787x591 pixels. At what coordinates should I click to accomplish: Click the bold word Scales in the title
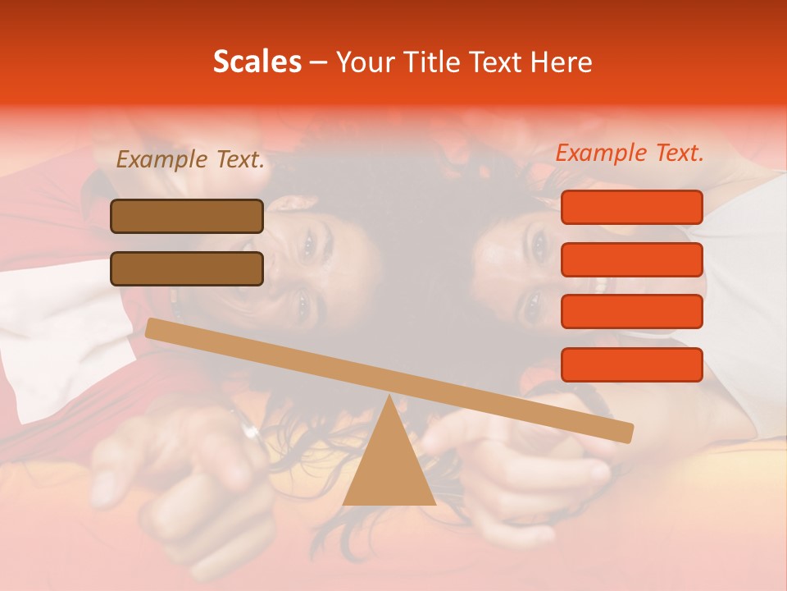(x=257, y=62)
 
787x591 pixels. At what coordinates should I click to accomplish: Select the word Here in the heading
(x=562, y=62)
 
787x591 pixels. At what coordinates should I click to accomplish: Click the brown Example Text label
(x=190, y=160)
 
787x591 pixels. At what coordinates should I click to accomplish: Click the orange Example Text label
(x=630, y=153)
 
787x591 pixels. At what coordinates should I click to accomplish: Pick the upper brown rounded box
(x=187, y=216)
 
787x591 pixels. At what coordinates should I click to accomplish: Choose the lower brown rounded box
(x=187, y=268)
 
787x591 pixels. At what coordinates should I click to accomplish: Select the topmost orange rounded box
(x=631, y=207)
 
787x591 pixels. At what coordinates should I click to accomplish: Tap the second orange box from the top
(x=631, y=259)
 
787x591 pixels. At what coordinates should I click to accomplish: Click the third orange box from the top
(x=631, y=312)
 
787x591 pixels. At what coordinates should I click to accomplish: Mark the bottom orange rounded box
(x=631, y=364)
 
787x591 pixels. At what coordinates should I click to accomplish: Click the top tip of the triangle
(x=389, y=397)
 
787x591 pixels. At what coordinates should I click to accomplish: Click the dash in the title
(x=319, y=62)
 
